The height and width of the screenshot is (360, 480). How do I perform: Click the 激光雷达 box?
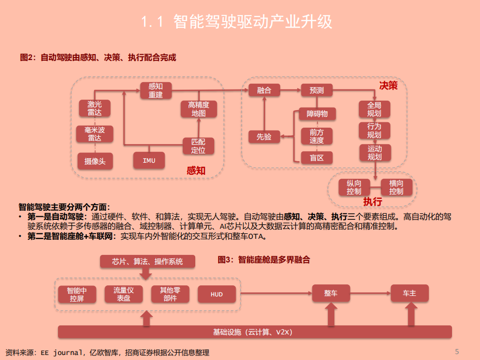(x=94, y=108)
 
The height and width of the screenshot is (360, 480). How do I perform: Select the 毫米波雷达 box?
(x=94, y=134)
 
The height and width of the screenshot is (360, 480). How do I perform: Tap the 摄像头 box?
(x=95, y=161)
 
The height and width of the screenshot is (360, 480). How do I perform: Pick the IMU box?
(x=149, y=161)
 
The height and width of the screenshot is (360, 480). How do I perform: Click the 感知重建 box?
(x=156, y=91)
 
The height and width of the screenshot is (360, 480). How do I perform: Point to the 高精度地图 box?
(x=198, y=109)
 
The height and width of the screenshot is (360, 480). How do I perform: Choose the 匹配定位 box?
(x=198, y=146)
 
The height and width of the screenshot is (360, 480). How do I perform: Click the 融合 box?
(x=264, y=90)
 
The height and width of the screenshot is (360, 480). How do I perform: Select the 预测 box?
(x=317, y=90)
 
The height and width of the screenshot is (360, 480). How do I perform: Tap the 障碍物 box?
(x=317, y=114)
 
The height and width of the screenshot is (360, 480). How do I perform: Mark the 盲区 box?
(x=317, y=158)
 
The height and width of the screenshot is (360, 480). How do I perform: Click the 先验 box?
(x=264, y=136)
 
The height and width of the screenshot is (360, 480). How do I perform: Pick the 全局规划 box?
(x=374, y=109)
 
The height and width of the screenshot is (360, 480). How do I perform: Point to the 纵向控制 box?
(x=354, y=187)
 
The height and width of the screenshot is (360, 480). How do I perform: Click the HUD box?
(x=216, y=294)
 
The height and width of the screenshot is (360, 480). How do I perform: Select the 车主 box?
(x=409, y=293)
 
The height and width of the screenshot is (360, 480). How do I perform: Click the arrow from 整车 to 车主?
(x=370, y=293)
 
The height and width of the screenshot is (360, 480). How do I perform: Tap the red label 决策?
(x=388, y=85)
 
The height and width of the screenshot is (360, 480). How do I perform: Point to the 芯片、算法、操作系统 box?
(x=147, y=261)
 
